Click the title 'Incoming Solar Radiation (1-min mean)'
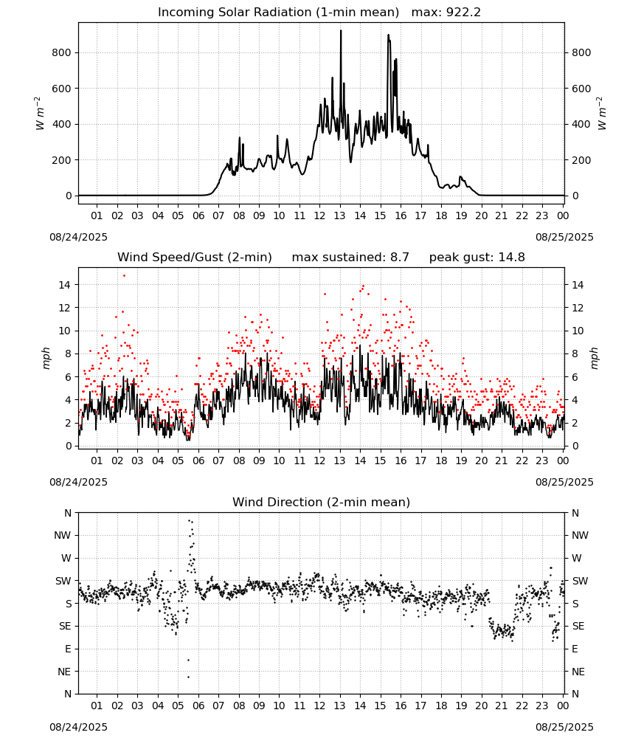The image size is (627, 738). pyautogui.click(x=278, y=13)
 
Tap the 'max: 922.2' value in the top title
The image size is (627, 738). pyautogui.click(x=446, y=13)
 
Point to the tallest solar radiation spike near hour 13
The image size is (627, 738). pyautogui.click(x=341, y=30)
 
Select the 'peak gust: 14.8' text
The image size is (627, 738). pyautogui.click(x=477, y=258)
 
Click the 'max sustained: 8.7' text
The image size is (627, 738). pyautogui.click(x=350, y=258)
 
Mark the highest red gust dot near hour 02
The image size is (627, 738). pyautogui.click(x=124, y=276)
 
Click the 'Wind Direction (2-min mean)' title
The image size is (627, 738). pyautogui.click(x=322, y=502)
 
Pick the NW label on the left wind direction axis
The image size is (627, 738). pyautogui.click(x=63, y=536)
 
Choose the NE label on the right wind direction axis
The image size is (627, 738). pyautogui.click(x=578, y=672)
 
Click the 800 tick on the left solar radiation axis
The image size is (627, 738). pyautogui.click(x=62, y=52)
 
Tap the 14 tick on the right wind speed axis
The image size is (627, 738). pyautogui.click(x=578, y=285)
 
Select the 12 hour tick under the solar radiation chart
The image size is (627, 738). pyautogui.click(x=319, y=215)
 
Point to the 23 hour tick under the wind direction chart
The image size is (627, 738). pyautogui.click(x=542, y=706)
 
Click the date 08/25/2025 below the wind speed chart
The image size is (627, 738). pyautogui.click(x=564, y=482)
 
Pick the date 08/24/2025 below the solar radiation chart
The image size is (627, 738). pyautogui.click(x=78, y=237)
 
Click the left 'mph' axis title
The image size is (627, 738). pyautogui.click(x=46, y=359)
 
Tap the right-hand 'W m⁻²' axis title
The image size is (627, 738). pyautogui.click(x=602, y=114)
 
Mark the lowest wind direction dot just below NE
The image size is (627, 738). pyautogui.click(x=189, y=677)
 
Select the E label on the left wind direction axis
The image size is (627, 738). pyautogui.click(x=68, y=649)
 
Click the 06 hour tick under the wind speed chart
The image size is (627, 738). pyautogui.click(x=198, y=461)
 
